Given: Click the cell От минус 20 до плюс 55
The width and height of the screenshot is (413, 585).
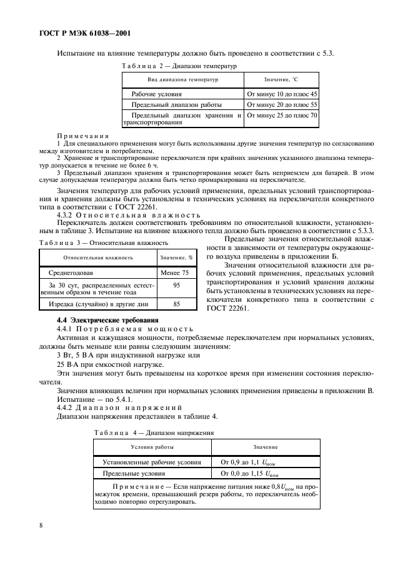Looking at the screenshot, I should [x=282, y=104].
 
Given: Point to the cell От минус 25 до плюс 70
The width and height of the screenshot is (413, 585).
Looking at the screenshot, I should [x=282, y=116].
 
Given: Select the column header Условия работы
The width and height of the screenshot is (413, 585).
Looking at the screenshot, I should [x=152, y=447].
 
